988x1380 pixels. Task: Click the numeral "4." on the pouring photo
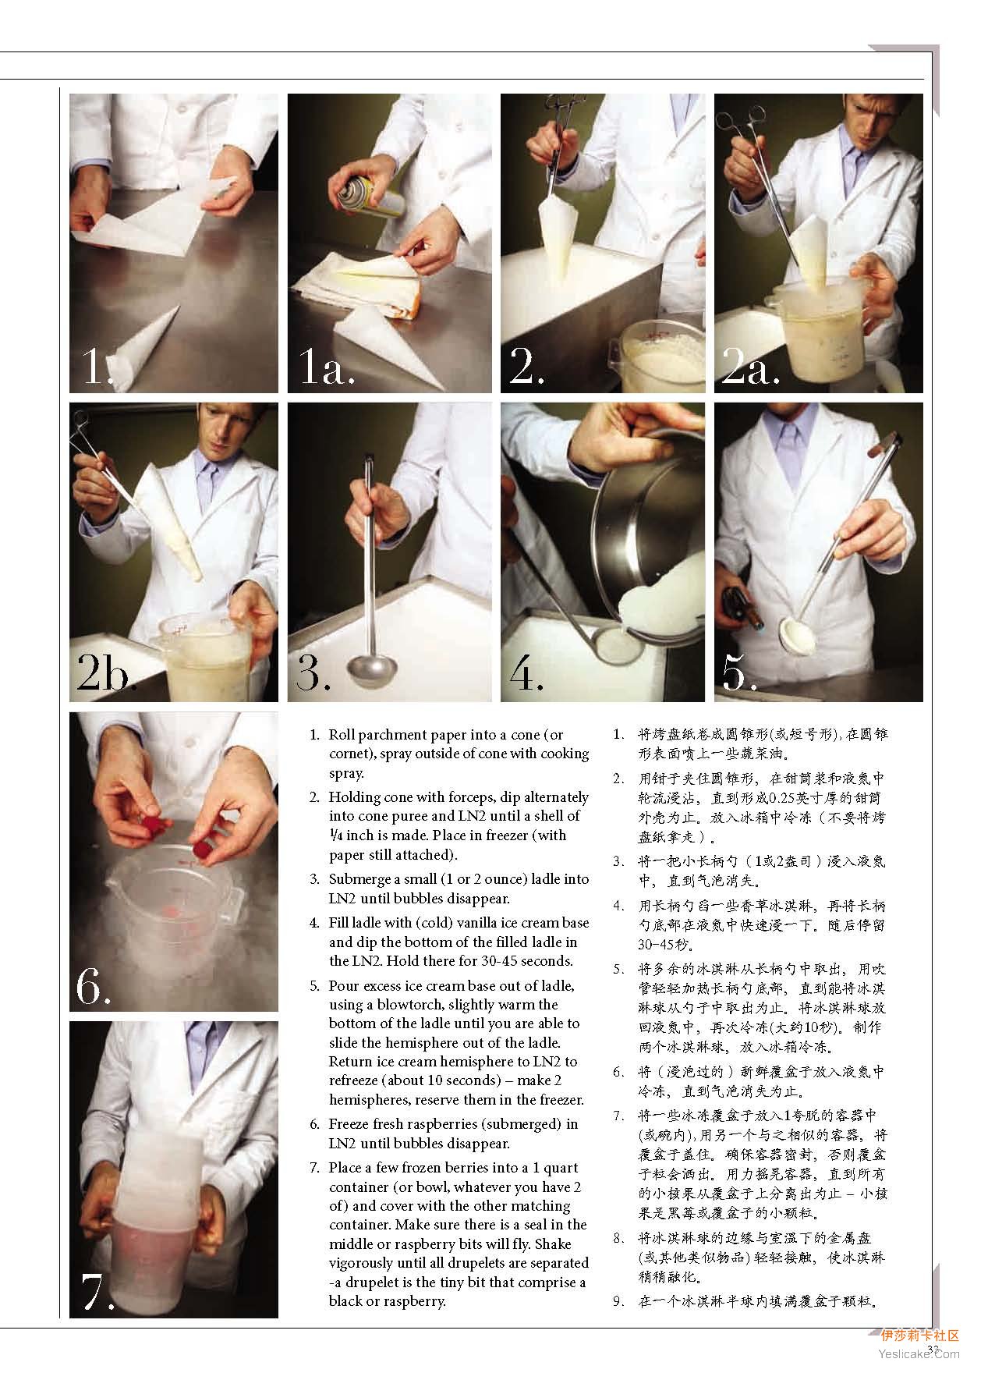click(x=526, y=672)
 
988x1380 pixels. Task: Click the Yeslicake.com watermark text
click(x=919, y=1353)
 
